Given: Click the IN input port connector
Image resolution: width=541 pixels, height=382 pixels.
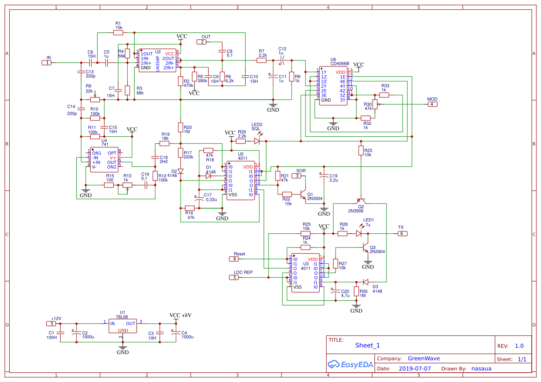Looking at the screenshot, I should click(x=47, y=62).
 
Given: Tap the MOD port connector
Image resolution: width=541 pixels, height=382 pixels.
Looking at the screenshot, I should click(x=431, y=104).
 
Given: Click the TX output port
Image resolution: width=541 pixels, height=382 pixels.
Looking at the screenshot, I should click(x=402, y=234).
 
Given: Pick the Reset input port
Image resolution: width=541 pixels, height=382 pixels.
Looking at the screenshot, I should click(x=235, y=259).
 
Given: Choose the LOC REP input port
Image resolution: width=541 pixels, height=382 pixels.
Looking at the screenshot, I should click(x=235, y=277).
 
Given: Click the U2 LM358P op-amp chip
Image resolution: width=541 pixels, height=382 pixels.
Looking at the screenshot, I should click(x=157, y=60).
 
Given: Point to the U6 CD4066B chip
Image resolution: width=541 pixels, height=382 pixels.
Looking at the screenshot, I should click(x=333, y=86).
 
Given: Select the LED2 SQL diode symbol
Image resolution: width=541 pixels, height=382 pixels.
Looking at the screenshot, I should click(x=257, y=141).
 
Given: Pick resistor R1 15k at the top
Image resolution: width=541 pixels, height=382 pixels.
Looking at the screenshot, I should click(x=118, y=32).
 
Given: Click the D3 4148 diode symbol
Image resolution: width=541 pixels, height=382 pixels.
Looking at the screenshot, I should click(x=366, y=282).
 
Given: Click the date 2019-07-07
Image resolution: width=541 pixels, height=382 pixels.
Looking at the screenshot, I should click(x=415, y=369).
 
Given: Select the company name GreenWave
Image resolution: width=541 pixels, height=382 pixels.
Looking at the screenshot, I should click(x=423, y=358).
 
